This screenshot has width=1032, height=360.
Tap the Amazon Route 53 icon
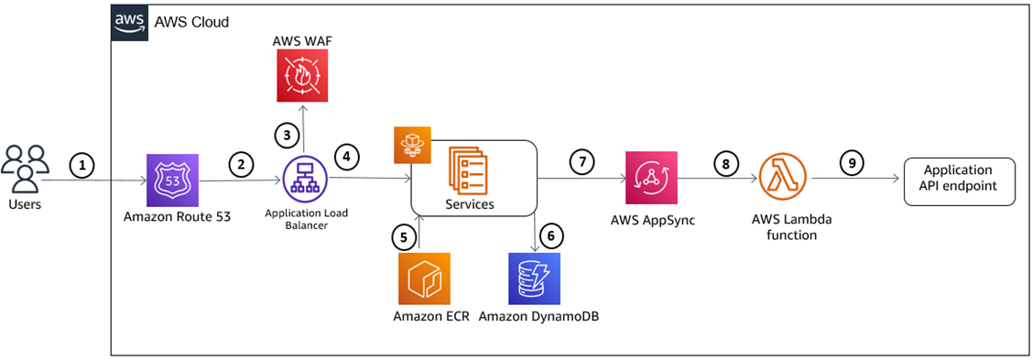[173, 180]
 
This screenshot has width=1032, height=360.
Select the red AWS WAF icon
[301, 76]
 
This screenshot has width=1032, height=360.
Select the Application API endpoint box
[958, 180]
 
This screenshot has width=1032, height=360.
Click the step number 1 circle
[83, 166]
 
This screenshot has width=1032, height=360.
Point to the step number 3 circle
[287, 135]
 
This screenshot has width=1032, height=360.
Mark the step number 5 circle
[402, 236]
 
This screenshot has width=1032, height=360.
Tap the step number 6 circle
[549, 236]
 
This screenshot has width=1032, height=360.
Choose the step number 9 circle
[852, 164]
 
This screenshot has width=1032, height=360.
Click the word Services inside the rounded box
[470, 204]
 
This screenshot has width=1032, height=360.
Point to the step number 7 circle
[581, 162]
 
